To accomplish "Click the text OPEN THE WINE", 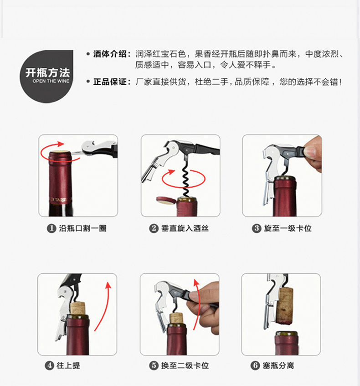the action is click(x=51, y=81).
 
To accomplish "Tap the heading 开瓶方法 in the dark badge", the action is click(x=48, y=72).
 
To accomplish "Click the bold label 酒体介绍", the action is click(x=110, y=54).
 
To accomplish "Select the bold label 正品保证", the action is click(x=110, y=82).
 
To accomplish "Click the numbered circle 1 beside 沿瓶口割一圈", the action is click(x=51, y=228).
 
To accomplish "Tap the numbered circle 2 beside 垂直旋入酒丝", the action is click(x=154, y=228).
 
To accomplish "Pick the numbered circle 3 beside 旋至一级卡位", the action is click(x=257, y=228).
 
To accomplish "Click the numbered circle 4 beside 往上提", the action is click(x=49, y=365).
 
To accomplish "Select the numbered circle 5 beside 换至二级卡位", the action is click(x=154, y=365).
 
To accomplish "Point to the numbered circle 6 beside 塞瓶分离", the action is click(x=255, y=365).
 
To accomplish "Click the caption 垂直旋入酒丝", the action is click(x=185, y=228).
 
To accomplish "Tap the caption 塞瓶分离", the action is click(x=278, y=365).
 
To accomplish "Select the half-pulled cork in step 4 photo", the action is click(x=78, y=308).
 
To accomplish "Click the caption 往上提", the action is click(x=68, y=365).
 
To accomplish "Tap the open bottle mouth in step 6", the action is click(x=287, y=334).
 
